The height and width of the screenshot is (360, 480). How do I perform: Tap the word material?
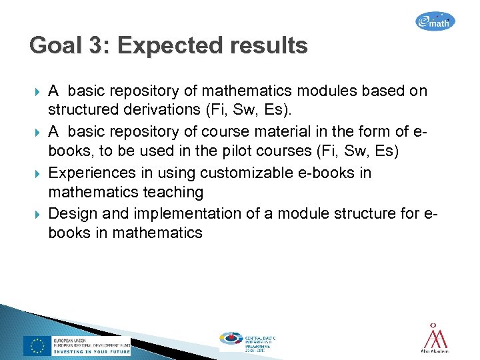tap(247, 131)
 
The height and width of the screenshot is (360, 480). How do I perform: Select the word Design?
tap(75, 213)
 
